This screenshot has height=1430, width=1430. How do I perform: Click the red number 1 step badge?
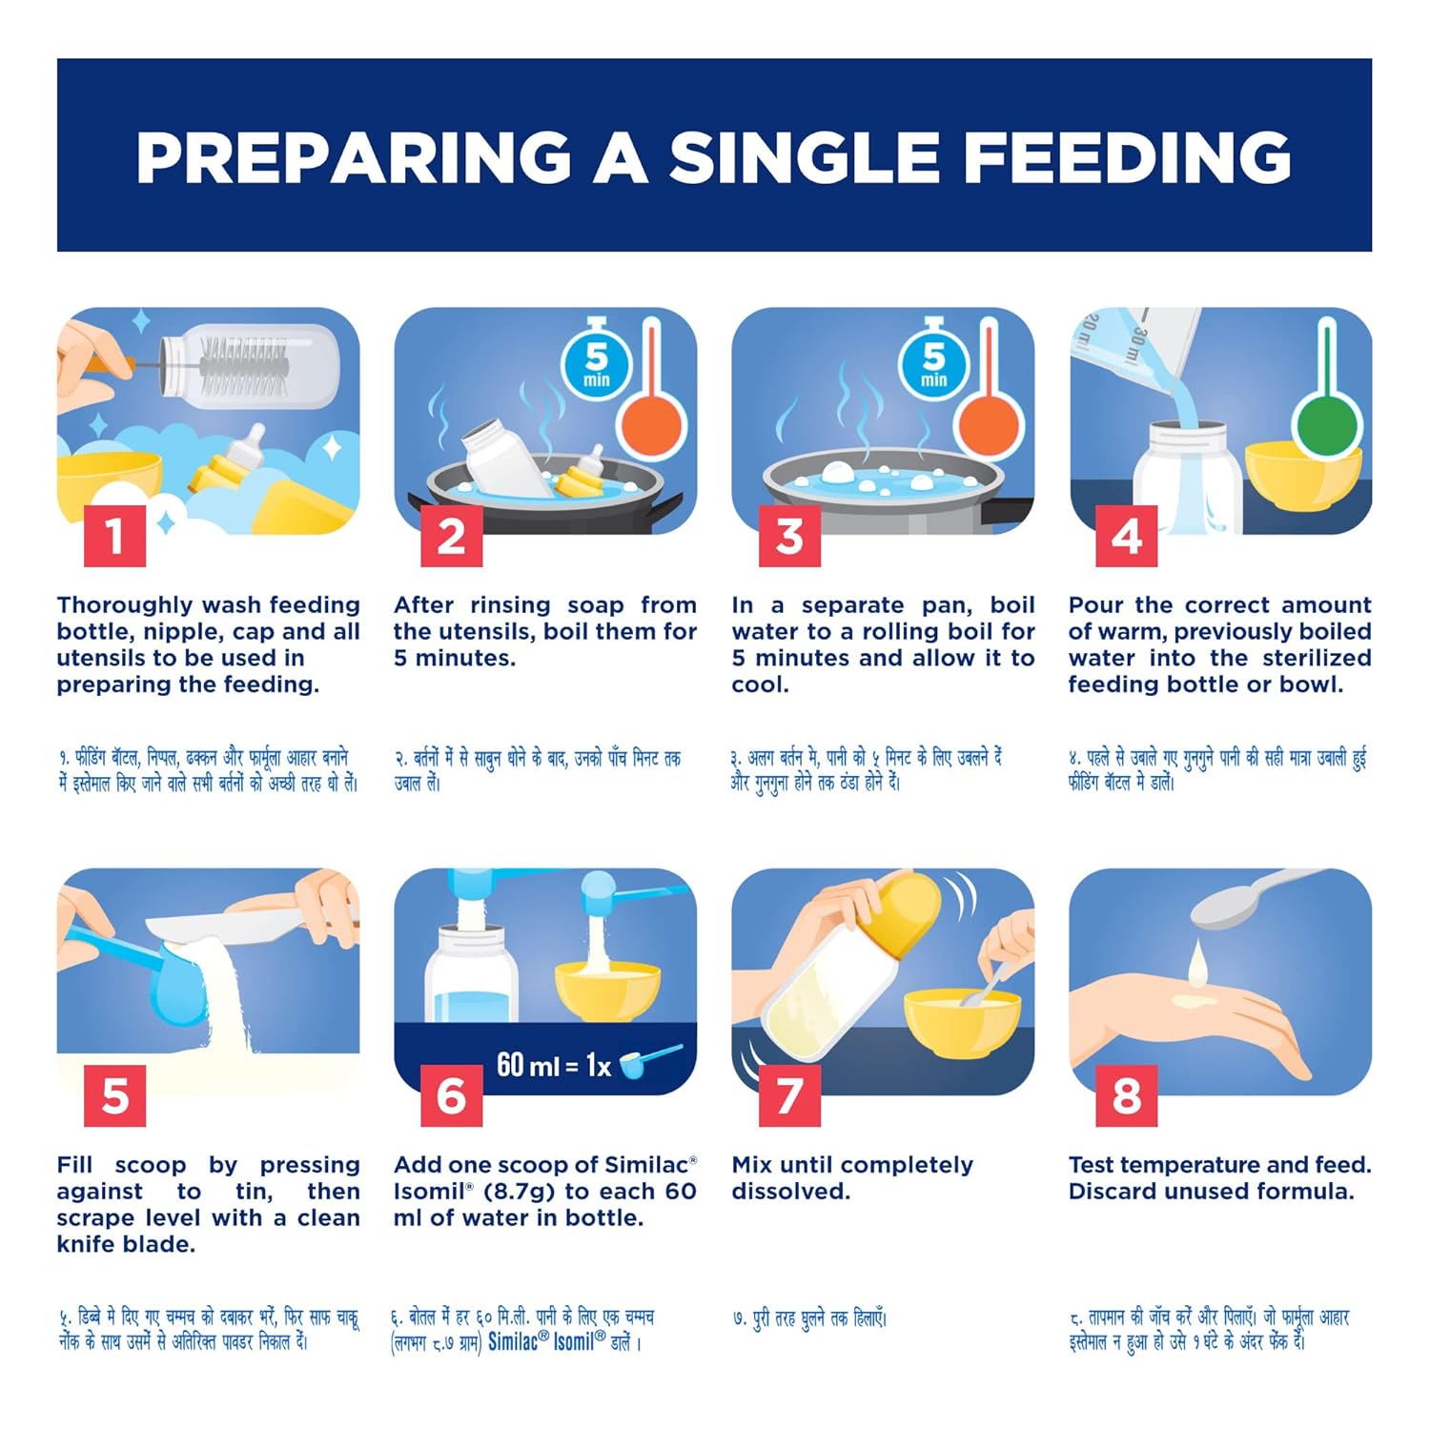(x=114, y=536)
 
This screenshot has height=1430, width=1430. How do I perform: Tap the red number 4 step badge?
(x=1127, y=536)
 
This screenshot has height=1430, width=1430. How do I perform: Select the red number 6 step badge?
(x=452, y=1096)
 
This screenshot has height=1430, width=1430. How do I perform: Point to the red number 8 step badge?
(x=1127, y=1096)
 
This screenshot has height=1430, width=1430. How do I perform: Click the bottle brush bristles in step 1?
(x=243, y=367)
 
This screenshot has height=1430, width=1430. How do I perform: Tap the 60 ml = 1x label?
(x=554, y=1065)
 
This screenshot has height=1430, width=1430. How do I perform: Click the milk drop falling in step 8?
(x=1197, y=963)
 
